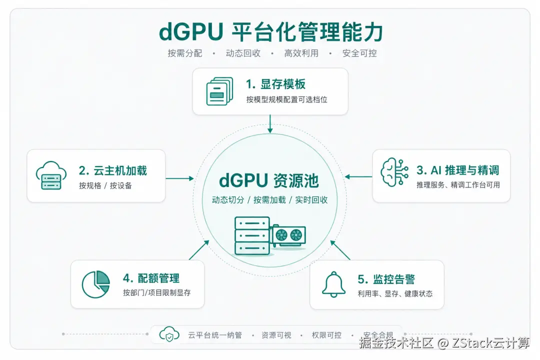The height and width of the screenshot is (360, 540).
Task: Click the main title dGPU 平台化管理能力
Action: (x=270, y=32)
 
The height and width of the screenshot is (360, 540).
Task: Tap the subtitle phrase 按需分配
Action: (x=185, y=53)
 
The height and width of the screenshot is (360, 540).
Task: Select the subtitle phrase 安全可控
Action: (x=359, y=53)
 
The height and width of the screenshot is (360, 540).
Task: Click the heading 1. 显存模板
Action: (x=275, y=83)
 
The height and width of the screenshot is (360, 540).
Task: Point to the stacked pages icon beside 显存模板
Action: (x=219, y=91)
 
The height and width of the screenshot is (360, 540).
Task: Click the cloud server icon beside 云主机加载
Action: (x=51, y=175)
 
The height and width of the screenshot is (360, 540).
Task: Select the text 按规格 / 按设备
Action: (x=105, y=185)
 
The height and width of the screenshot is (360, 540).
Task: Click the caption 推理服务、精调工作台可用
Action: (x=458, y=185)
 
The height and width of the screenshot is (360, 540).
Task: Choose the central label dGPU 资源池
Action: (x=269, y=180)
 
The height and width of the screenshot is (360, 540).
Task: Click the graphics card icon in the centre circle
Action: (x=288, y=235)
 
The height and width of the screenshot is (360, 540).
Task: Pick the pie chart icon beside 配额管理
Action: (x=96, y=284)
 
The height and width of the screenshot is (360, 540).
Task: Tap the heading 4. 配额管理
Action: (x=151, y=278)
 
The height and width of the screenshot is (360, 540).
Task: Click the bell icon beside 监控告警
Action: (x=333, y=284)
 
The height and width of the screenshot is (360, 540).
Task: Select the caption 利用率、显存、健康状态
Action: (x=395, y=294)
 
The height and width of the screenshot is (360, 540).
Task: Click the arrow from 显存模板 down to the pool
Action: (x=270, y=124)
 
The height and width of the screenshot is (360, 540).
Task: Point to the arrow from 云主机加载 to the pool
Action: (x=179, y=178)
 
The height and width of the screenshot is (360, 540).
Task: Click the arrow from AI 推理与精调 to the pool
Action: (x=358, y=176)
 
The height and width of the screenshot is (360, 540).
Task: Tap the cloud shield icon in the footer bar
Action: (x=169, y=335)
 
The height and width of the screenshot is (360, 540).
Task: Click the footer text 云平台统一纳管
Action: (x=215, y=335)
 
